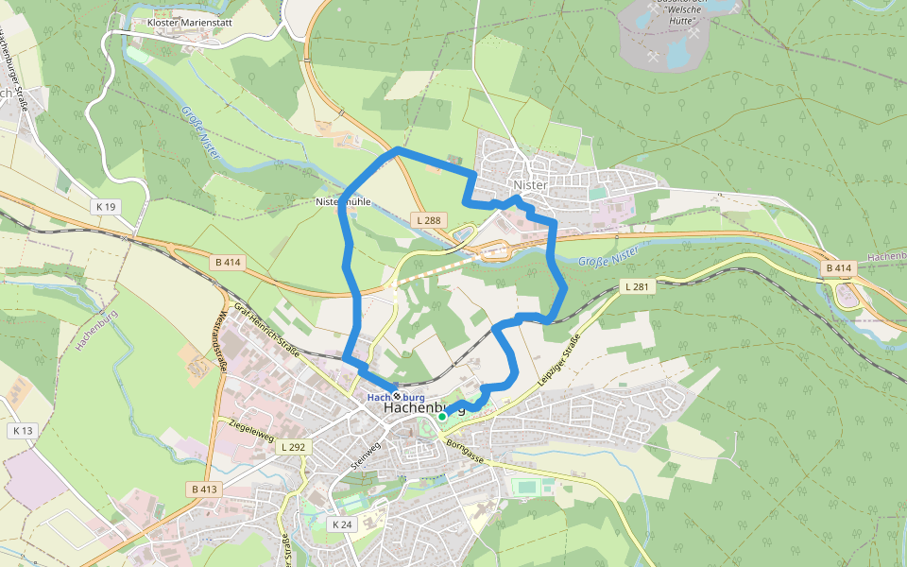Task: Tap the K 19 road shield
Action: click(x=105, y=206)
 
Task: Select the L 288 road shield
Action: click(x=428, y=220)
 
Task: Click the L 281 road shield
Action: click(x=635, y=286)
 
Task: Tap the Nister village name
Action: click(x=530, y=185)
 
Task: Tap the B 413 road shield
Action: click(x=203, y=490)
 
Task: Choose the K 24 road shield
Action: click(x=342, y=524)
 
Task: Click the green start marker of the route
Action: click(x=441, y=416)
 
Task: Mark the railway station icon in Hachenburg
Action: click(x=398, y=397)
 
